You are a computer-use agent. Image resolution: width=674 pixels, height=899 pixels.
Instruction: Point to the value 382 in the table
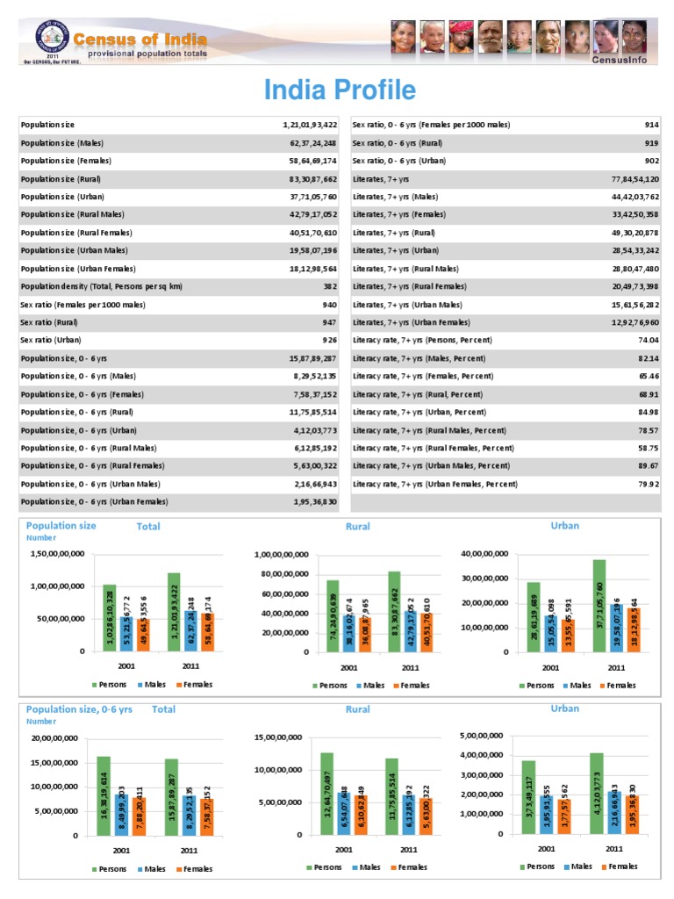point(331,286)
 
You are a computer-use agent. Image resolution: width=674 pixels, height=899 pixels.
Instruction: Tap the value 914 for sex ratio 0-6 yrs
point(652,125)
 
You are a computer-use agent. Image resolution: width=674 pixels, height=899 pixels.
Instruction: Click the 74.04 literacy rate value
point(649,340)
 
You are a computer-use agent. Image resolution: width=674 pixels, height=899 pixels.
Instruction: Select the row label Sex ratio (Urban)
point(52,340)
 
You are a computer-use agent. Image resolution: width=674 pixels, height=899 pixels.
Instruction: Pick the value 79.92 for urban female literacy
point(649,484)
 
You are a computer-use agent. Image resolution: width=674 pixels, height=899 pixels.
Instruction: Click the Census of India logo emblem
point(50,40)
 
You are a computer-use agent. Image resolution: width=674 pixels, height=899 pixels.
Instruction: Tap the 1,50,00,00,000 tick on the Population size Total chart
point(57,554)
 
